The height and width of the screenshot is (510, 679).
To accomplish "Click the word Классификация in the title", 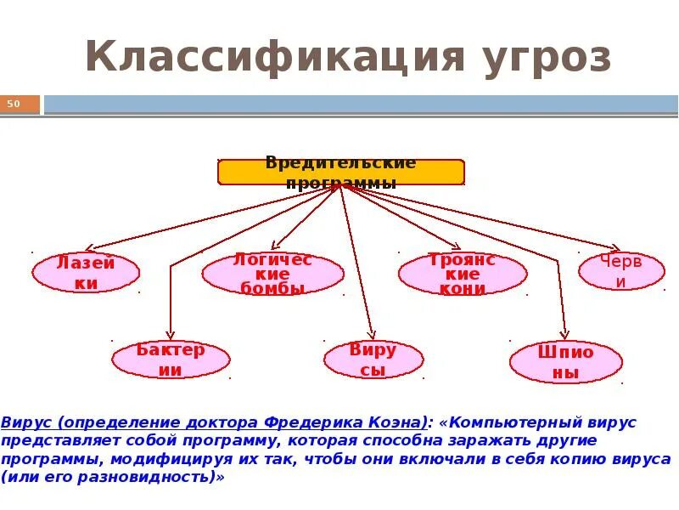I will pos(273,58).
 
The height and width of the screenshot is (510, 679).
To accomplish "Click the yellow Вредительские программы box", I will pos(341,172).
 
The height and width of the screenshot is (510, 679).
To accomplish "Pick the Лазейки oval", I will pos(86,274).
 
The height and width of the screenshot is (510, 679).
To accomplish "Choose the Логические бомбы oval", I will pos(272,274).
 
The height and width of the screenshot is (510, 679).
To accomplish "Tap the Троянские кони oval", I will pos(463,274).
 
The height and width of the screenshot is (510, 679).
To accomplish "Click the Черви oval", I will pos(621,271).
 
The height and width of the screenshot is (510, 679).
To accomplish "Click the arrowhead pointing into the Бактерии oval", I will pos(171,337).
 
